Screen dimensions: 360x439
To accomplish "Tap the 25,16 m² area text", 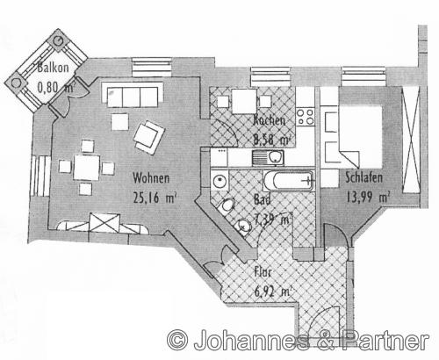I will tap(155, 197).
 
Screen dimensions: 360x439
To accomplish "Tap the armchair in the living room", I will tap(149, 134).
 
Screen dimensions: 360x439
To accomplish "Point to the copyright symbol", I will tap(178, 338).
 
